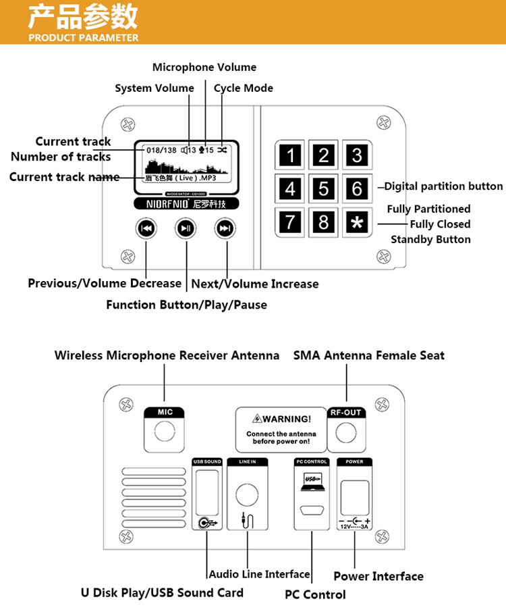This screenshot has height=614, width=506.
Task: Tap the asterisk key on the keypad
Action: coord(357,222)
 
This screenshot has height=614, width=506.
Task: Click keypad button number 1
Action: coord(291,156)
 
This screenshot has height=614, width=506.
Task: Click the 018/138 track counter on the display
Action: coord(161,150)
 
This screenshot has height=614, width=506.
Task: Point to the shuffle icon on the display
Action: coord(223,150)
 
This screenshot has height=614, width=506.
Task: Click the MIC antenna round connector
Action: coord(164,431)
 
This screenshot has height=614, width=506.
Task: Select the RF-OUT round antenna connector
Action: coord(346,431)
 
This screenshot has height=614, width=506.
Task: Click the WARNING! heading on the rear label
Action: coord(281,419)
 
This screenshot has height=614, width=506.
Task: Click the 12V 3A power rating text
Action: coord(354,526)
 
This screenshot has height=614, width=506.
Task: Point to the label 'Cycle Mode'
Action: coord(244,88)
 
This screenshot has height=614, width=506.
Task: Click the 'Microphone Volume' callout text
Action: coord(204,67)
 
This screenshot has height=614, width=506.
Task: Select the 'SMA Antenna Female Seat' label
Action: coord(368,355)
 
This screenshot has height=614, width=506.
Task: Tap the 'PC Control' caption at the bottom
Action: coord(315,594)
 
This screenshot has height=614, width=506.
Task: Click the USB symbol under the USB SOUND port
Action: coord(207,522)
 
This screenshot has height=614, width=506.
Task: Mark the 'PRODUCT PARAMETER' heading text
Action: coord(84,38)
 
